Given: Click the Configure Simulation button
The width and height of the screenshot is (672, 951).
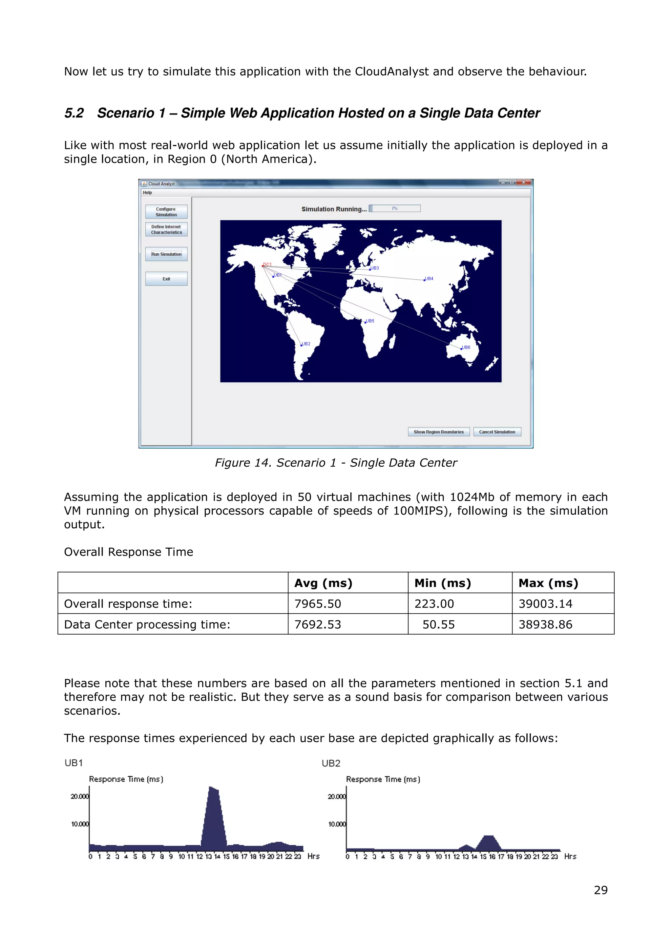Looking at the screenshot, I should (166, 212).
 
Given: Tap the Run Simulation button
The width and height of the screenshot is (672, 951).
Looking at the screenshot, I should (166, 254).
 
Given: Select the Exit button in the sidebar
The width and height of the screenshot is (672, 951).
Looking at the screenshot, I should (166, 279).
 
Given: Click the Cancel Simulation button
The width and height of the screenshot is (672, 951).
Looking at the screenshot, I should (497, 432).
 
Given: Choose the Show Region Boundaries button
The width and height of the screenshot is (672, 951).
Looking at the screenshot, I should (438, 432).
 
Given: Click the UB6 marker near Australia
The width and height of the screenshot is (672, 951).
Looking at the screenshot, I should (462, 349).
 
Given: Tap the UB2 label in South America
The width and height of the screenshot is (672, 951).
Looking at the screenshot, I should (306, 344).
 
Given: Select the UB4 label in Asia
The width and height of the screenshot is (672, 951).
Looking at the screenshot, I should (429, 278).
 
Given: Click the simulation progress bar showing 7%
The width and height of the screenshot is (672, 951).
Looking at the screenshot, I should (395, 208).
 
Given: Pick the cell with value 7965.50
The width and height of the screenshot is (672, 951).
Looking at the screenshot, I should (318, 603).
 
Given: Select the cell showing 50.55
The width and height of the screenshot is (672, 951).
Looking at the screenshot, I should (438, 624).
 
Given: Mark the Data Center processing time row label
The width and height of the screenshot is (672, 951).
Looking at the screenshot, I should (147, 624).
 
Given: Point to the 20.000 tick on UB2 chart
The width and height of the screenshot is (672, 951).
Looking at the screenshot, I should (336, 796).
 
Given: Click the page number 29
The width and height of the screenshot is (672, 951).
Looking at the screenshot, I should (600, 890).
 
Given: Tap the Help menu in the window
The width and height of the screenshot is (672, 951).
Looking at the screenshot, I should (147, 193).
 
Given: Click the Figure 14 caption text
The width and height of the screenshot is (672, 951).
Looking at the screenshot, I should (336, 463).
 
